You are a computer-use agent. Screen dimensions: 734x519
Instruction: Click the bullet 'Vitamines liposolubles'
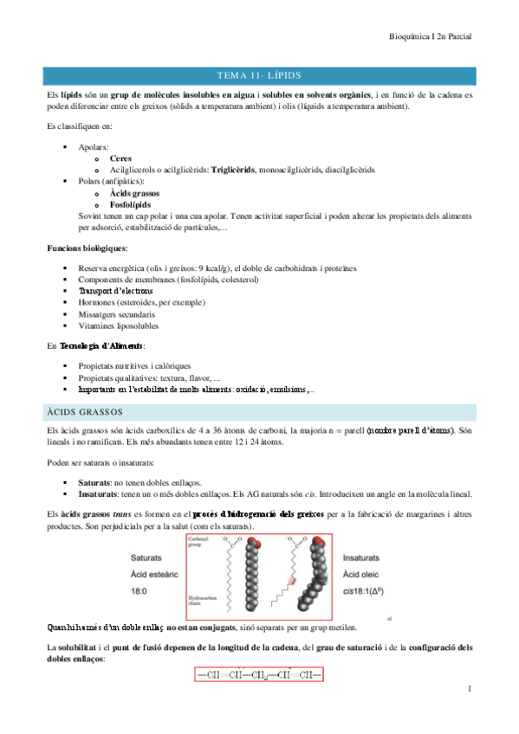click(x=120, y=326)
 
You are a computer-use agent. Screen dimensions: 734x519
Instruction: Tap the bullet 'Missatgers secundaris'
click(x=118, y=315)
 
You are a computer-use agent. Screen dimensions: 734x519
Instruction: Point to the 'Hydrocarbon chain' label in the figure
click(x=201, y=600)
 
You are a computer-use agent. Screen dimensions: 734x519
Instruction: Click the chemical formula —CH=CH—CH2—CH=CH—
click(x=258, y=672)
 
